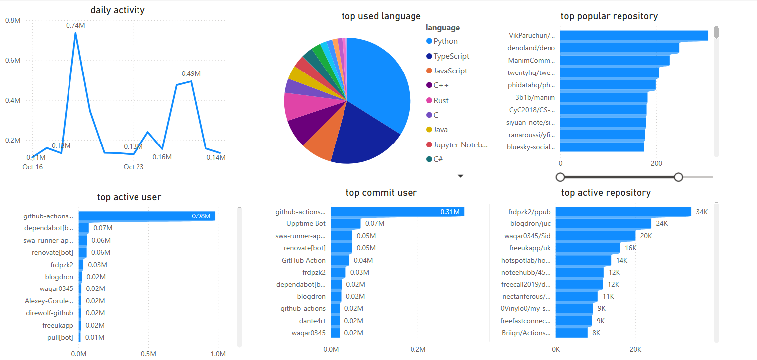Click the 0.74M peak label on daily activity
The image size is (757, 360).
[x=75, y=25]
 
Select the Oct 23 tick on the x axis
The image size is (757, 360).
[x=134, y=167]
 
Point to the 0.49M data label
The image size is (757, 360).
[x=191, y=73]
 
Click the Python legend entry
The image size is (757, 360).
[x=445, y=41]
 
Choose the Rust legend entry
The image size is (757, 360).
[x=441, y=100]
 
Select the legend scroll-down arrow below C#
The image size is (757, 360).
[x=460, y=176]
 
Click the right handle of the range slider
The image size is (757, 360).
[x=678, y=177]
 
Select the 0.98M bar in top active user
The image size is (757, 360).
[x=147, y=216]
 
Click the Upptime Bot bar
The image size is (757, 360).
[x=345, y=224]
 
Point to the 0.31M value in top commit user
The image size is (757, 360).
[x=450, y=212]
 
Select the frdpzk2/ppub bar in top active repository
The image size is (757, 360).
[x=623, y=212]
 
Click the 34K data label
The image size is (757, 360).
[x=702, y=212]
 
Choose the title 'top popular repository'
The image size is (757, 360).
[x=609, y=16]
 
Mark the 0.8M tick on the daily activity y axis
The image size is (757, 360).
[x=13, y=20]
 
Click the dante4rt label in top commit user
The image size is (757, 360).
[x=312, y=321]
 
